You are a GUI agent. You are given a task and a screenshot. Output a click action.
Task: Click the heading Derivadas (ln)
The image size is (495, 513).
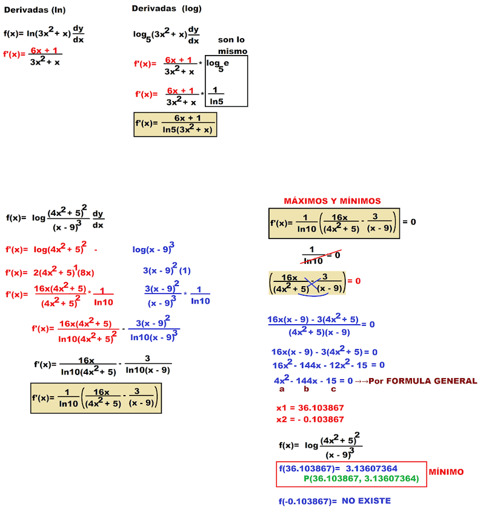pos(35,10)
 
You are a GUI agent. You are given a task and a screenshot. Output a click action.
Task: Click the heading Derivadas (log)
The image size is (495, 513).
pos(167,8)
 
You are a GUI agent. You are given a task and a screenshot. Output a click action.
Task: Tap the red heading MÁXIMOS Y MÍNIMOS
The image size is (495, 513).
pos(333,201)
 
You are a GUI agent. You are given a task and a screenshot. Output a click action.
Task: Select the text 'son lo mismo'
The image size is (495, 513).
pos(232,45)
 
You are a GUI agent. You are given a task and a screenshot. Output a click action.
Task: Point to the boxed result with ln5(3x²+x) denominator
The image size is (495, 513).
pos(175,123)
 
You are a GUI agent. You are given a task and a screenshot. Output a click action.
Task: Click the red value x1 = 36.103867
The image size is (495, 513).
pos(310,408)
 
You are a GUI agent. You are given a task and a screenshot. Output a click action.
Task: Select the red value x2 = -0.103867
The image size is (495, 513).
pos(310,419)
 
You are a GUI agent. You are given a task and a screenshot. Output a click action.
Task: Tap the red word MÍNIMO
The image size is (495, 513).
pos(446,472)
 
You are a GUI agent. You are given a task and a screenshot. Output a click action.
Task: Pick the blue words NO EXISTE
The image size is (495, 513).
pos(366,501)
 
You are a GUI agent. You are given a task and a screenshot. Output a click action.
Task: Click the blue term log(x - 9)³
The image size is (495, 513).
pos(154,248)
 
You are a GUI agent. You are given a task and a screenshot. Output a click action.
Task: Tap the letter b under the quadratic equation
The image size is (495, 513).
pos(306,390)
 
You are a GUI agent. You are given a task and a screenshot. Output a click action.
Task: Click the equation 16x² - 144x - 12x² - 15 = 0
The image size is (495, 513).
pos(328,365)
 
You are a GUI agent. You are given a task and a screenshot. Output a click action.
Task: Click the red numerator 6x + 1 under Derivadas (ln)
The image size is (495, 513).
pos(44,51)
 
